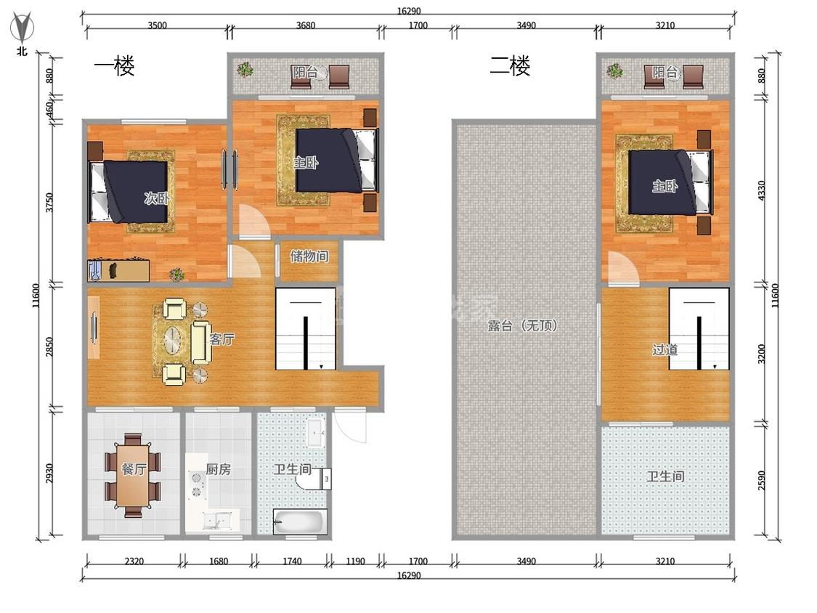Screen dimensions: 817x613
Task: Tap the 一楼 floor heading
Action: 114,65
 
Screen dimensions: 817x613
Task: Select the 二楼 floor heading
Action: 510,65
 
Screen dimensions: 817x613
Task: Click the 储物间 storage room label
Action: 309,256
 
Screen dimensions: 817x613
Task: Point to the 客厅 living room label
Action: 222,339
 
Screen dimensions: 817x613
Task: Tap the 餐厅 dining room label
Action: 134,469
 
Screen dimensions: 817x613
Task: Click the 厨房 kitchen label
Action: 219,469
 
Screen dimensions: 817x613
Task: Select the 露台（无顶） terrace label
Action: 523,326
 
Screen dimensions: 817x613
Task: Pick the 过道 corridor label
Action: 664,349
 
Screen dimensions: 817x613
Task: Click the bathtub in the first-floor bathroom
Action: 300,521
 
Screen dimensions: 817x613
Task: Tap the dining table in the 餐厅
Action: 134,475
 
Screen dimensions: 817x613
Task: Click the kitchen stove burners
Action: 197,484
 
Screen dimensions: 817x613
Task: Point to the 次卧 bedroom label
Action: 156,198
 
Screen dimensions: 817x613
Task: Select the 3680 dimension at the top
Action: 305,25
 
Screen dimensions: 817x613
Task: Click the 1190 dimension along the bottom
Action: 355,561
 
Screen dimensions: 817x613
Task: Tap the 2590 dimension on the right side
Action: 761,480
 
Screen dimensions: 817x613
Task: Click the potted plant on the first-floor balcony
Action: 244,69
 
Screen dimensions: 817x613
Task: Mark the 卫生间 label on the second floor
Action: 665,476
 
